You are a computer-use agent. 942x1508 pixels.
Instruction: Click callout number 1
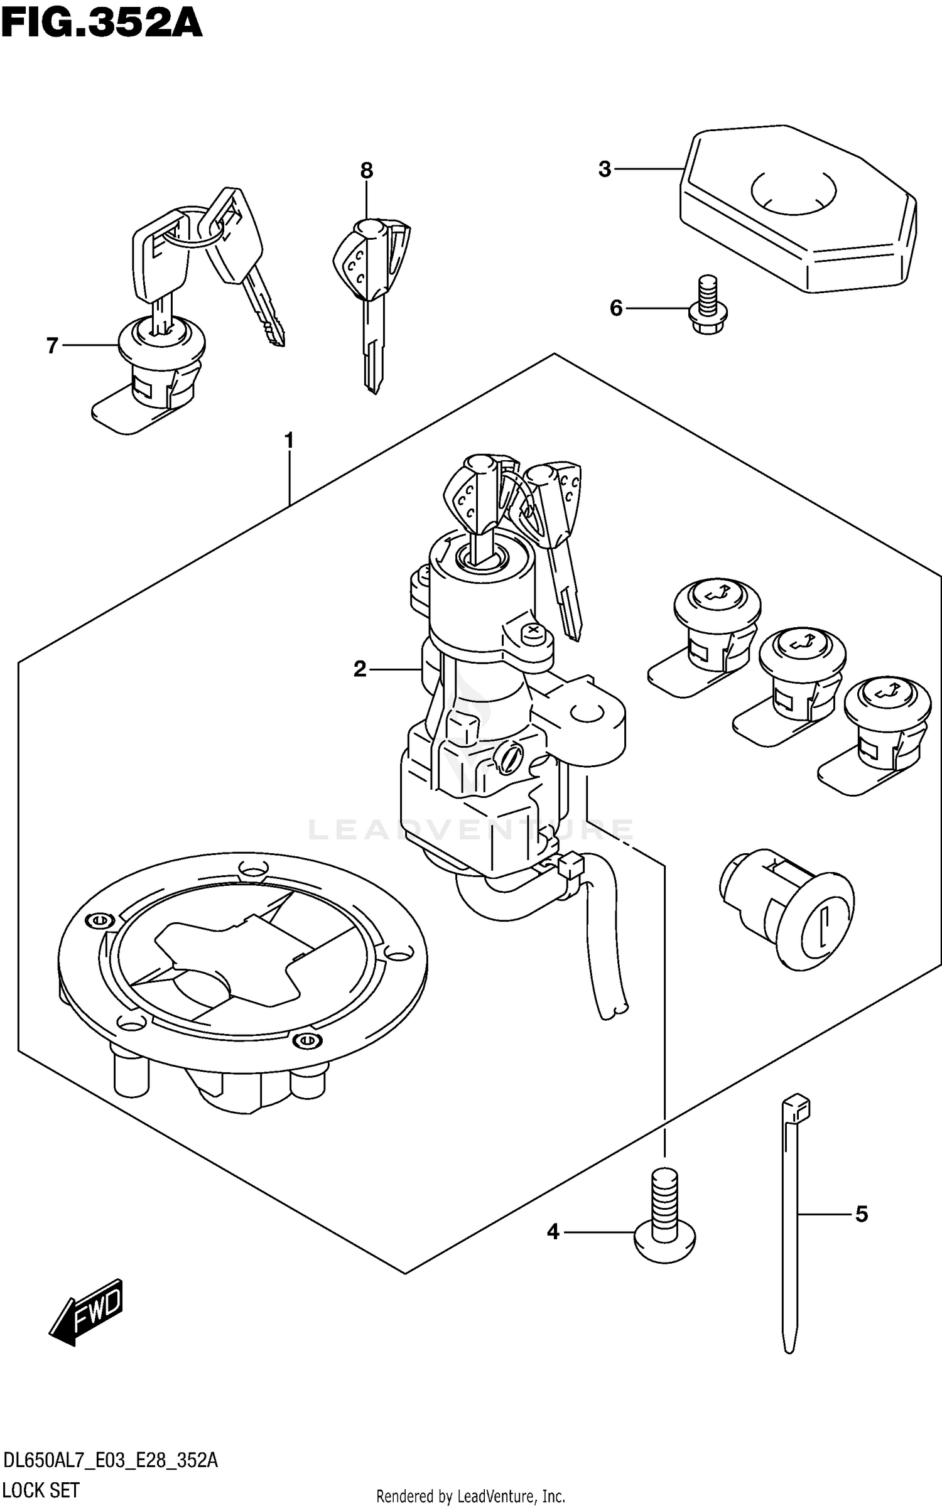pyautogui.click(x=289, y=441)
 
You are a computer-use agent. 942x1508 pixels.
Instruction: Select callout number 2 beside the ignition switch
pyautogui.click(x=359, y=669)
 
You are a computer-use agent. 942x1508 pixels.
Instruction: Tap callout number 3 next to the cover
pyautogui.click(x=604, y=169)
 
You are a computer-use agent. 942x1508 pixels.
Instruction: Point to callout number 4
pyautogui.click(x=553, y=1232)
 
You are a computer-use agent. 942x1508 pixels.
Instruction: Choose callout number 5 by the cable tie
pyautogui.click(x=861, y=1214)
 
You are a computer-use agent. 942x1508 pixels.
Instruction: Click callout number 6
pyautogui.click(x=616, y=308)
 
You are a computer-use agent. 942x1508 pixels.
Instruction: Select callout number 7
pyautogui.click(x=52, y=345)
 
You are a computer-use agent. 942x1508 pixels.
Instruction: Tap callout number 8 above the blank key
pyautogui.click(x=367, y=170)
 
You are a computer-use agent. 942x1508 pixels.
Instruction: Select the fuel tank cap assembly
pyautogui.click(x=242, y=979)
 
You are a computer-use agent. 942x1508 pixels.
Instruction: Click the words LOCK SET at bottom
pyautogui.click(x=41, y=1489)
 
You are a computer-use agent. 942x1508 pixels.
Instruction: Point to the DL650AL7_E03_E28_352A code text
pyautogui.click(x=110, y=1460)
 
